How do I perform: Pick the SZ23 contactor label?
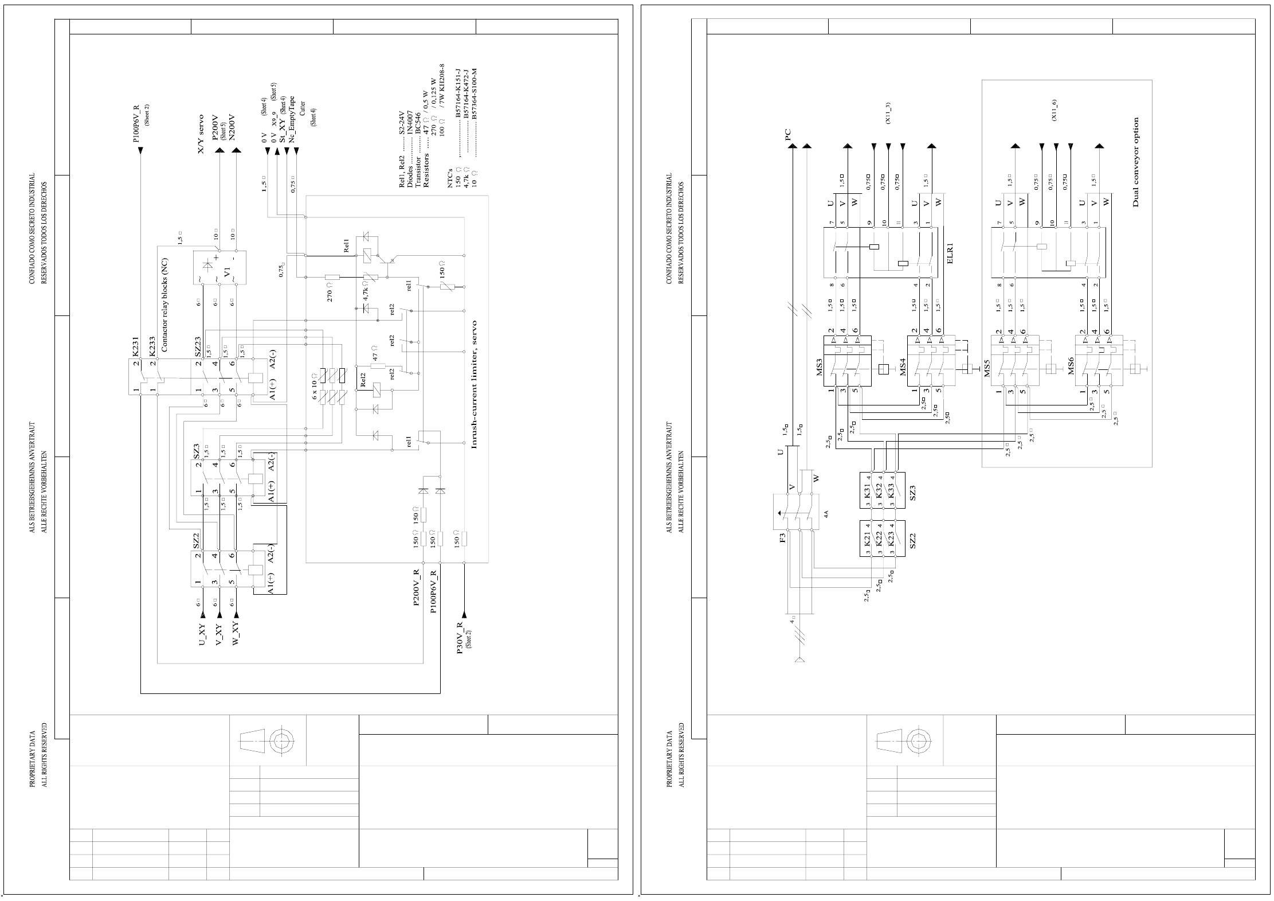pos(197,348)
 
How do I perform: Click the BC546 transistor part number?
pos(418,122)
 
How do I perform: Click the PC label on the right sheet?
pos(788,134)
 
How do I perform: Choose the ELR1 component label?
pos(950,252)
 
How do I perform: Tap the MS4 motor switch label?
pos(903,367)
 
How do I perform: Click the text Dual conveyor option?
pos(1136,162)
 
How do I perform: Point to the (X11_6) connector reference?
pos(1054,110)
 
